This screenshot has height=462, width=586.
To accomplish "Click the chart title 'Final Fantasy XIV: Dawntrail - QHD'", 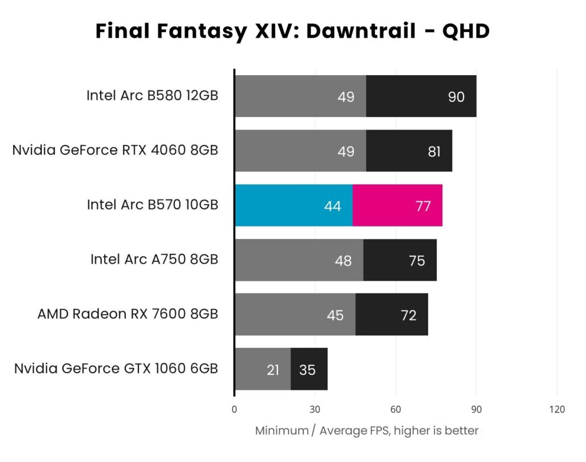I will pyautogui.click(x=292, y=31).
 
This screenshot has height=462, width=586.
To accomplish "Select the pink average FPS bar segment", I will pyautogui.click(x=397, y=206).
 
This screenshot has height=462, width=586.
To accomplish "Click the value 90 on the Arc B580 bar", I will pyautogui.click(x=456, y=97).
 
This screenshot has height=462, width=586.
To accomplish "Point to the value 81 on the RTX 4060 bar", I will pyautogui.click(x=434, y=151).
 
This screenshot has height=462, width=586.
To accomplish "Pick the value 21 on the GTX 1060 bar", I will pyautogui.click(x=273, y=370).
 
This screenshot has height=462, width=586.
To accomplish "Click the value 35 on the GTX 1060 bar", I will pyautogui.click(x=307, y=370).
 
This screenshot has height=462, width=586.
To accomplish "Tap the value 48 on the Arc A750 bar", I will pyautogui.click(x=343, y=261).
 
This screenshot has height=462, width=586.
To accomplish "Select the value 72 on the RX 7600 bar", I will pyautogui.click(x=409, y=315).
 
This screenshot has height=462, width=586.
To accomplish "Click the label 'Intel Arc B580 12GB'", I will pyautogui.click(x=152, y=96).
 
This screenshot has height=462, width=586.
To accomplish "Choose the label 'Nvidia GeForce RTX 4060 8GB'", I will pyautogui.click(x=115, y=150).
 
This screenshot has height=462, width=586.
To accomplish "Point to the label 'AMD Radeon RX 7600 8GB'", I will pyautogui.click(x=128, y=314).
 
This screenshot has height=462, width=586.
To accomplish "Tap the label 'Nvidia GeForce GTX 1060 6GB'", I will pyautogui.click(x=116, y=369).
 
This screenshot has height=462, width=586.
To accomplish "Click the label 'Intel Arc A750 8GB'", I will pyautogui.click(x=154, y=260).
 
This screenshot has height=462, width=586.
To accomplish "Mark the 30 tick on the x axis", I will pyautogui.click(x=314, y=409).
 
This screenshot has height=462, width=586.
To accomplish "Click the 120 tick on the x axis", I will pyautogui.click(x=557, y=409).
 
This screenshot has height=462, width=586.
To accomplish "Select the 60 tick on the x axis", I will pyautogui.click(x=395, y=409).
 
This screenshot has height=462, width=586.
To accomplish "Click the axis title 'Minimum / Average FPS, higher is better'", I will pyautogui.click(x=366, y=430).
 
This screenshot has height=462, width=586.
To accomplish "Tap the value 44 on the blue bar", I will pyautogui.click(x=332, y=206).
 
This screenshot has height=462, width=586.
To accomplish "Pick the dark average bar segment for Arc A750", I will pyautogui.click(x=400, y=260).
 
